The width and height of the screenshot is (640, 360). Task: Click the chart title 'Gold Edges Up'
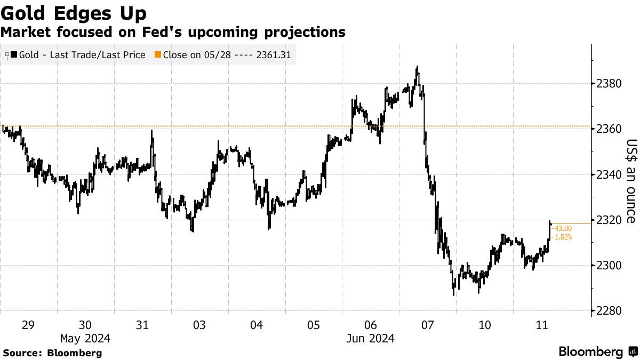point(74,13)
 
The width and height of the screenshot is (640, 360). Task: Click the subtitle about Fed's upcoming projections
point(173,33)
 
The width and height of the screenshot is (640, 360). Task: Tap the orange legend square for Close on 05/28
point(157,55)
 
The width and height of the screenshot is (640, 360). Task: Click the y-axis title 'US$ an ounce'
point(631,181)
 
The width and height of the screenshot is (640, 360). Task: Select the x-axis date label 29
point(28,325)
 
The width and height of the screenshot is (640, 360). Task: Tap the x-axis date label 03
point(199,325)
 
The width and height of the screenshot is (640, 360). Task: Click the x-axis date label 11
point(542,325)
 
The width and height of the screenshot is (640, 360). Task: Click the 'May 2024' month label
point(85,338)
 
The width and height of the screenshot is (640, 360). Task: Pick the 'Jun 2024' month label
point(371,338)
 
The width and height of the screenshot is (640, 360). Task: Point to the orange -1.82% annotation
point(562,237)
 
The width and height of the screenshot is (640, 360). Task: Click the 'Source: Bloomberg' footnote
point(52,353)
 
